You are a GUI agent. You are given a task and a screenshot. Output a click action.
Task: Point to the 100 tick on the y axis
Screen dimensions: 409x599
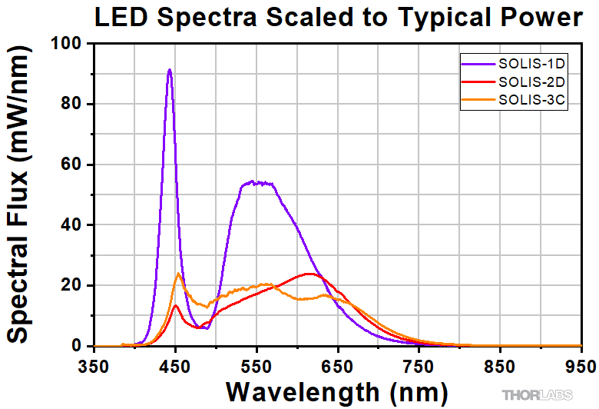[x=68, y=44]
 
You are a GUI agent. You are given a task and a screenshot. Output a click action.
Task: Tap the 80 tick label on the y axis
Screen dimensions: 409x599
[x=72, y=105]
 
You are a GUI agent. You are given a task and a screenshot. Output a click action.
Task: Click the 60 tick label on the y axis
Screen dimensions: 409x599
[x=72, y=165]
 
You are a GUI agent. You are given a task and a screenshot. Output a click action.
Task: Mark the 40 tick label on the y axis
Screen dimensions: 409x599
[x=72, y=225]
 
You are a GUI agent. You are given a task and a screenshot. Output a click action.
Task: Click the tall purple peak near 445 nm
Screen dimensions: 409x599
[x=170, y=70]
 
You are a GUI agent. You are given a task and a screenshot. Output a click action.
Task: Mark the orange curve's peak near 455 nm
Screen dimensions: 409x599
[x=178, y=274]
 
